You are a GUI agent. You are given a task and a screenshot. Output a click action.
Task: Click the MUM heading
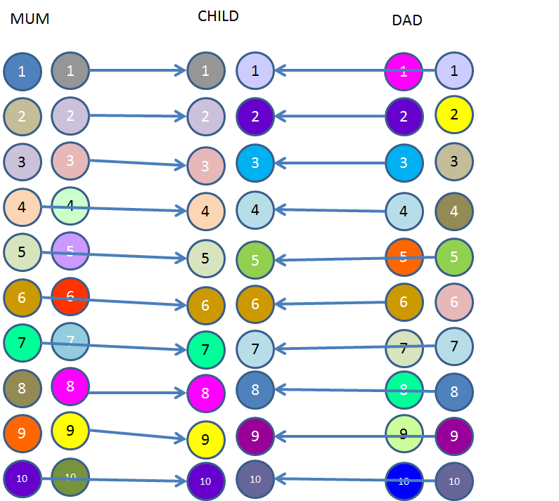coord(30,20)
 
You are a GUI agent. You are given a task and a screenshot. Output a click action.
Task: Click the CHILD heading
coord(218,16)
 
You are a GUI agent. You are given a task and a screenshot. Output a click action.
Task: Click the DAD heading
coord(406,20)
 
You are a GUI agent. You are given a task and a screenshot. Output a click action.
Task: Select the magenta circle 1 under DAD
coord(404,70)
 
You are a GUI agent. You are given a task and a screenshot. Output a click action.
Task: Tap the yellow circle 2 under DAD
coord(454,115)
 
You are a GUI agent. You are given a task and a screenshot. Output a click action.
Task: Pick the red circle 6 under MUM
coord(70,297)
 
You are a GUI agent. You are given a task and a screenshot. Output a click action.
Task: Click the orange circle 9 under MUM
coord(22,433)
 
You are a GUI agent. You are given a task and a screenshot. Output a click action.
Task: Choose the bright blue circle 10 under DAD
coord(404,481)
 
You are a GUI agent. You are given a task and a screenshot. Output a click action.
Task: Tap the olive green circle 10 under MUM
coord(70,477)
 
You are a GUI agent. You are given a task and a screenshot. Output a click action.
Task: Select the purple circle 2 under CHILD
coord(255,116)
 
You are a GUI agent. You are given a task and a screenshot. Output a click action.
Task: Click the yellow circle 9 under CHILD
coord(205,440)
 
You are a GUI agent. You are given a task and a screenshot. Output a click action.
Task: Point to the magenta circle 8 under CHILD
coord(205,393)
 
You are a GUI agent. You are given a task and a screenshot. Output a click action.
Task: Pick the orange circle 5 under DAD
coord(404,256)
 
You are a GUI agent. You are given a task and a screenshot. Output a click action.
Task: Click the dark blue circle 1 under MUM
coord(22,71)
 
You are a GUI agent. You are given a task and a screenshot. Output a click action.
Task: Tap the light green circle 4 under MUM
coord(70,207)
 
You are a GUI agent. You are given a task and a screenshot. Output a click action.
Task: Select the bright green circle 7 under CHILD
coord(205,349)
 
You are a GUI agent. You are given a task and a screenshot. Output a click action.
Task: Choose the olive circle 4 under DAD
coord(454,211)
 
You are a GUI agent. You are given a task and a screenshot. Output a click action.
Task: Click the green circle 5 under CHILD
coord(255,259)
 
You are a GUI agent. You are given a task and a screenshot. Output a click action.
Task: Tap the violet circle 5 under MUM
coord(70,250)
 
